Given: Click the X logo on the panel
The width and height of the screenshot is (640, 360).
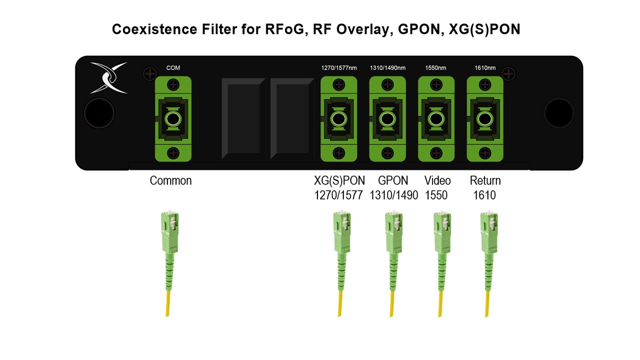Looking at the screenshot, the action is coord(108,77).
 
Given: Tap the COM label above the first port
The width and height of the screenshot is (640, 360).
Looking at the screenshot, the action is coord(173,68).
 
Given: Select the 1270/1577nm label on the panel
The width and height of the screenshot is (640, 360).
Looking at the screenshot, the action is coord(339,68).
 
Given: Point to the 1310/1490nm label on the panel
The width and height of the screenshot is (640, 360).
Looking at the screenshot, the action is coord(387,68).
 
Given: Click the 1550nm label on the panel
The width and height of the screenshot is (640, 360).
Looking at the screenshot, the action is coord(435,68).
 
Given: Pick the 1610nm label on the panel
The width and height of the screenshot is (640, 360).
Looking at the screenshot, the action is coord(485,68).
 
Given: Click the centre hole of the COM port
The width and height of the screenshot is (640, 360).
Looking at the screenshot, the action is coord(173,118).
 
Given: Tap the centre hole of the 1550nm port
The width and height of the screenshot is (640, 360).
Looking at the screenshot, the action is coord(436,118).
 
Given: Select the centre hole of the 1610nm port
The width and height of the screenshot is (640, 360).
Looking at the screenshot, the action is coord(485,118).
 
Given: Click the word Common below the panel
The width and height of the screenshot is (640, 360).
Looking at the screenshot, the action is coord(170,180).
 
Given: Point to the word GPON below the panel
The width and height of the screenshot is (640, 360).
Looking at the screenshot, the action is coord(393,180).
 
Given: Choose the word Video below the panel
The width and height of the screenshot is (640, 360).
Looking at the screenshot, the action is coord(437,180).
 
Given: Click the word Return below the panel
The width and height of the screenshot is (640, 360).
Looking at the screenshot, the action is coord(485,180).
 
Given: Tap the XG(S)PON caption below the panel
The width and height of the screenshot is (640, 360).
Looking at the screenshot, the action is coord(339,180).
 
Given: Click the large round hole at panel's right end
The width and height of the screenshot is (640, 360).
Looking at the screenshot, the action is coord(559,113).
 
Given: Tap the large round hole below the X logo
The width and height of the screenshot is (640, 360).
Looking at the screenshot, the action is coord(99,113).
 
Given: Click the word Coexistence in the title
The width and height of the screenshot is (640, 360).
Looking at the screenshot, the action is coord(154,29).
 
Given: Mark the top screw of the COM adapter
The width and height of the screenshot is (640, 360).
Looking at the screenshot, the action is coord(173,85).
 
